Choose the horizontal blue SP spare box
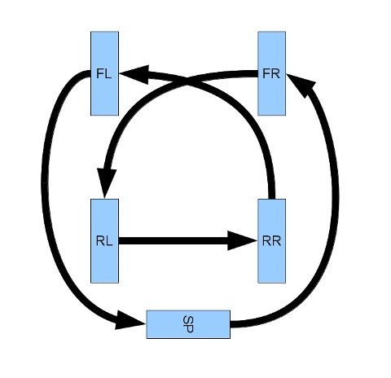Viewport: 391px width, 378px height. pyautogui.click(x=188, y=323)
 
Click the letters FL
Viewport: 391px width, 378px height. pyautogui.click(x=103, y=73)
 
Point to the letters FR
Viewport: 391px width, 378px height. pyautogui.click(x=271, y=73)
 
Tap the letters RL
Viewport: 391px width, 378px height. pyautogui.click(x=103, y=240)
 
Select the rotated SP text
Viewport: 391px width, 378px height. pyautogui.click(x=188, y=323)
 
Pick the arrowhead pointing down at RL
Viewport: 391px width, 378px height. pyautogui.click(x=107, y=184)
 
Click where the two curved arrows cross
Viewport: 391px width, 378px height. pyautogui.click(x=189, y=81)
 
